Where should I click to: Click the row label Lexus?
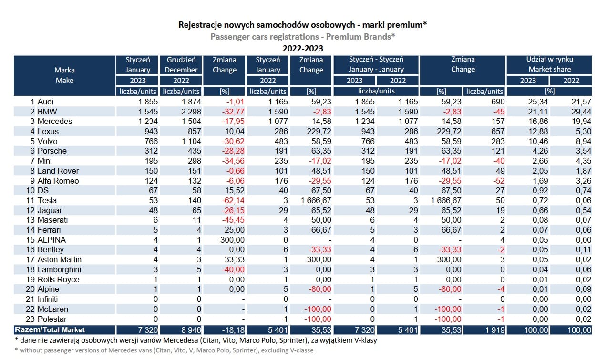48,131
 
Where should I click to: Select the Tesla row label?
47,200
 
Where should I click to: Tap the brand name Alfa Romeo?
58,181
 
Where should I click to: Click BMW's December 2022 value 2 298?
191,112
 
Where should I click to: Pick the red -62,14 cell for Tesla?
233,200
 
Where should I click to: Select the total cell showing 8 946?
191,330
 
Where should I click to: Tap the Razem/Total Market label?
50,330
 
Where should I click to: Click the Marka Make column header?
64,75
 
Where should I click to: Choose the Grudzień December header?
181,65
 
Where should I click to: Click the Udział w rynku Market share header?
550,64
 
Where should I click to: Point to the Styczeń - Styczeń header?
376,59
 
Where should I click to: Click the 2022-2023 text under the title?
303,49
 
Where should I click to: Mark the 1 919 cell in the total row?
495,330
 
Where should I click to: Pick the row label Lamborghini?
59,269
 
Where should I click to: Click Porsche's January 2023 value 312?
151,151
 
